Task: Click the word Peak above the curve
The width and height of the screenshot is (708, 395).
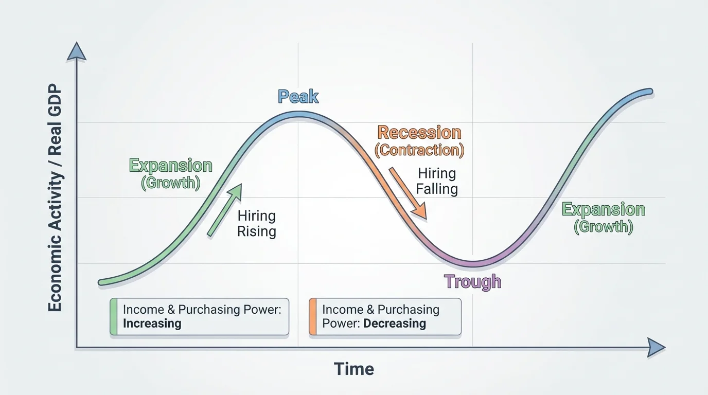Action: point(298,97)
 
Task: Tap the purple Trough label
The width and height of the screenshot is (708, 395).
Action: point(472,281)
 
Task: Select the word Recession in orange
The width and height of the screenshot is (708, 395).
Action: point(419,133)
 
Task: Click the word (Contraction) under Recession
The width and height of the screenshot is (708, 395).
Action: point(419,150)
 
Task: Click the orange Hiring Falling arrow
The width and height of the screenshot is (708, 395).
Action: point(408,193)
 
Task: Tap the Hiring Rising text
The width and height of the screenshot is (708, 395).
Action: point(256,223)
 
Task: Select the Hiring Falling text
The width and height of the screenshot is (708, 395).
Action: point(437,181)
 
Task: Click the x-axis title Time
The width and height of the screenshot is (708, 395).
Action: point(353,369)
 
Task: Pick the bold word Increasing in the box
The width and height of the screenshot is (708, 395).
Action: point(152,324)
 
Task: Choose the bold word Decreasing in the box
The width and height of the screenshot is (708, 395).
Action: point(395,324)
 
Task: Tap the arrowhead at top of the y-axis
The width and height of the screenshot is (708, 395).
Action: point(77,51)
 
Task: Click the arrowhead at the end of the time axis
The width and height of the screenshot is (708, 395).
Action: point(656,348)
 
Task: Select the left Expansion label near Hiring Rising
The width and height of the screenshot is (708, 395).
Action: point(170,166)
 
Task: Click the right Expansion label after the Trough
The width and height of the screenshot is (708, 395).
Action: point(603,209)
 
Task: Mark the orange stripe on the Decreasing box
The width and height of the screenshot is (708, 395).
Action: point(312,317)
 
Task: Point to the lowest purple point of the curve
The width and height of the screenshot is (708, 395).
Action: point(473,264)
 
